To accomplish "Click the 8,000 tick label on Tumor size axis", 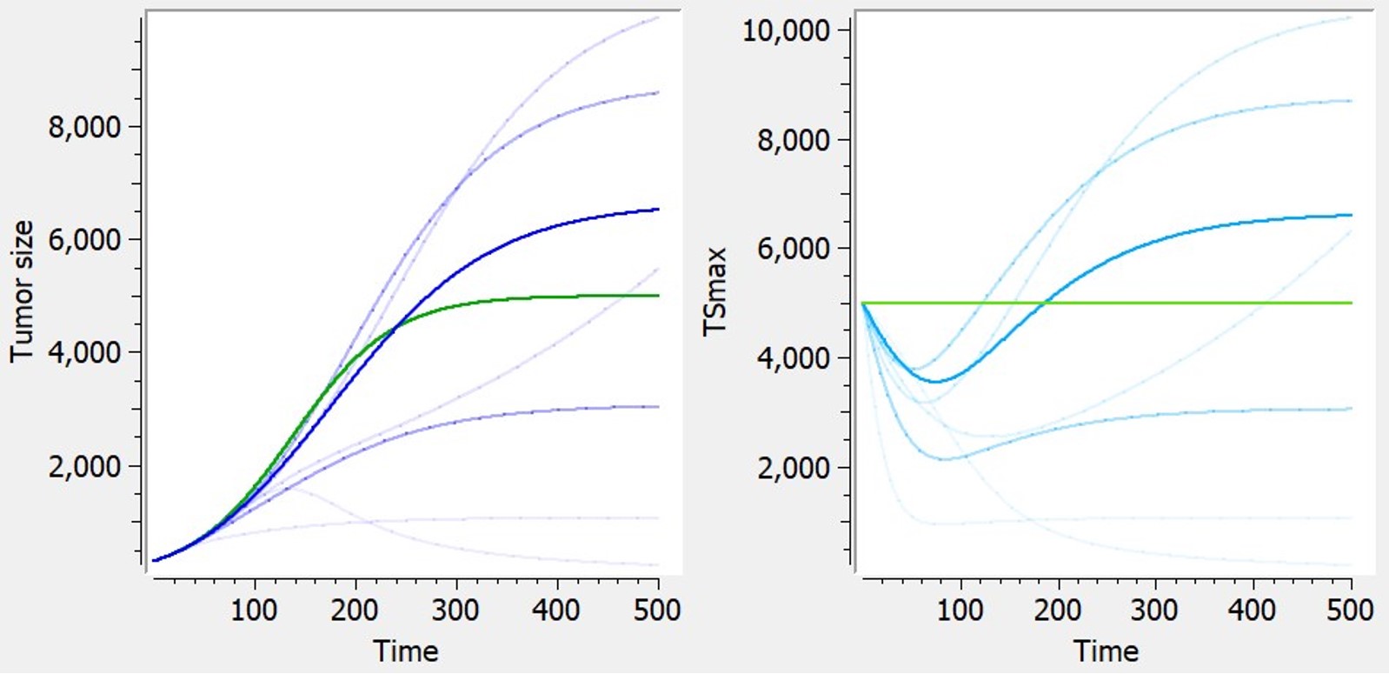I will [84, 128].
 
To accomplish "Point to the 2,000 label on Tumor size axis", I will [84, 467].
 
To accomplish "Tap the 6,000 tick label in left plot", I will [84, 240].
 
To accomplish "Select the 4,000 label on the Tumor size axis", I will [84, 353].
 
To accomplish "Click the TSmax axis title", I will [714, 291].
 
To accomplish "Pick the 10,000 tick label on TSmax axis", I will [785, 31].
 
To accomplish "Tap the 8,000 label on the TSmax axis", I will [793, 140].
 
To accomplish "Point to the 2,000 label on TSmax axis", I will [793, 468].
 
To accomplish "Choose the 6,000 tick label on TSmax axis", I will [793, 250].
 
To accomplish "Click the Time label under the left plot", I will [405, 651].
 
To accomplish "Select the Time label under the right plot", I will [1105, 651].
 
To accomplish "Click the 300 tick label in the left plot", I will [455, 611].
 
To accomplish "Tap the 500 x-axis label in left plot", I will [657, 611].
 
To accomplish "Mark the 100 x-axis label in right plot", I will [960, 611].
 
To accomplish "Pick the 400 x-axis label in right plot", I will [1252, 611].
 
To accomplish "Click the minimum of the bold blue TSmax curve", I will [935, 381].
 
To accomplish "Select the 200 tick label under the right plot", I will [1057, 611].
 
